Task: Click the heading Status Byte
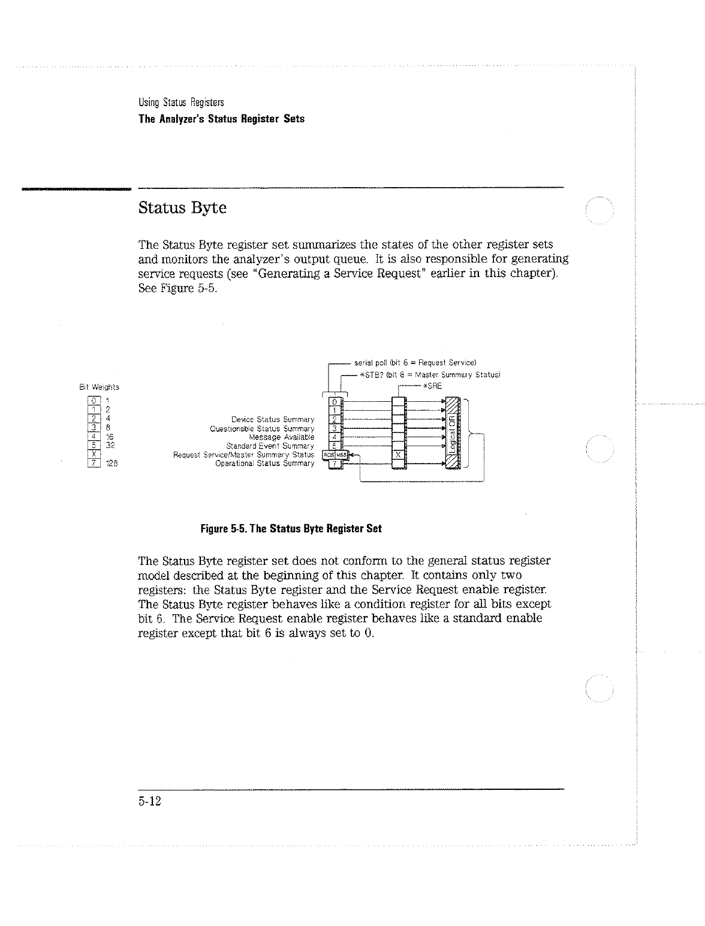click(182, 209)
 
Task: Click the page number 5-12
click(150, 802)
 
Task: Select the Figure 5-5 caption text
click(291, 529)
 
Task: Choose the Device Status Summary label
click(273, 419)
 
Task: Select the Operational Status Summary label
click(264, 463)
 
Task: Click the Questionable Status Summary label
click(262, 428)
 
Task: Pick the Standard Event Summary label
click(270, 446)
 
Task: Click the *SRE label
click(432, 386)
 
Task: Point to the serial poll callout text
click(415, 363)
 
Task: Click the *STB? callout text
click(429, 375)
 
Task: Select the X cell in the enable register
click(398, 455)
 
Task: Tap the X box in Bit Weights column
click(93, 455)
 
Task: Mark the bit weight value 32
click(110, 446)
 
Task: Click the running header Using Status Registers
click(180, 102)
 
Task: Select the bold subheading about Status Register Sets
click(221, 119)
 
